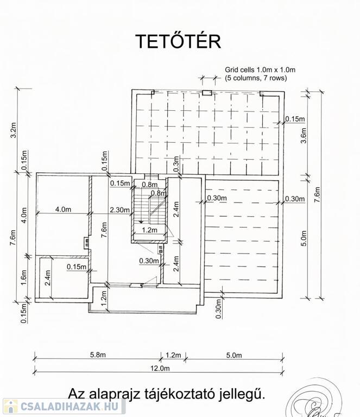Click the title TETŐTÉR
coord(178,41)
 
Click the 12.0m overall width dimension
coord(160,368)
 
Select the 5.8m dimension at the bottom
coord(98,355)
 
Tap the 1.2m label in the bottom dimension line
coord(173,355)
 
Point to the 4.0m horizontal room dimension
coord(63,209)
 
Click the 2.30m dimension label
coord(120,210)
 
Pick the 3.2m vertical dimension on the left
coord(14,130)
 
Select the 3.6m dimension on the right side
coord(304,136)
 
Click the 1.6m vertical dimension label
coord(23,277)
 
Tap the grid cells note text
coord(260,74)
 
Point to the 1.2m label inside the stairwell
coord(149,230)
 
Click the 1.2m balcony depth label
coord(103,298)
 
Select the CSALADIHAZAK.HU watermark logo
coord(64,406)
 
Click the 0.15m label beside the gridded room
coord(295,119)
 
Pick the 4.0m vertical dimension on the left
coord(24,215)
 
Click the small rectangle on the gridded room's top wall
coord(207,92)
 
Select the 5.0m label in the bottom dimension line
coord(234,355)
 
